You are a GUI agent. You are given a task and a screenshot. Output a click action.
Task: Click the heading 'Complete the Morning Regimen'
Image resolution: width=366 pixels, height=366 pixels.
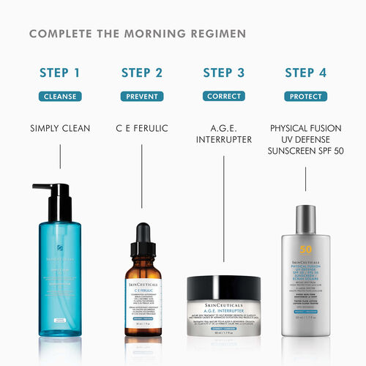138,34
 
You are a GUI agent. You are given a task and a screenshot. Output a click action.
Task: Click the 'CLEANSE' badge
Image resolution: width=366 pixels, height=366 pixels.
60,96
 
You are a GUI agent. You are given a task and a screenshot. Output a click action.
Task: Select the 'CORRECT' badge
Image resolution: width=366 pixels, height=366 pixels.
223,96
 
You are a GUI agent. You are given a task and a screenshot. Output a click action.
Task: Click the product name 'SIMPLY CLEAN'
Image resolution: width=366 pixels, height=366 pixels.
60,129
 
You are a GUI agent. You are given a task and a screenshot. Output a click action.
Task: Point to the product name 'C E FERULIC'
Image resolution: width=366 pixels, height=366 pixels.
142,129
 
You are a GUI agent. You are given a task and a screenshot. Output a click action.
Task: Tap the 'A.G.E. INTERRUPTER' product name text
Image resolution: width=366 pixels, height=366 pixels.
223,135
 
